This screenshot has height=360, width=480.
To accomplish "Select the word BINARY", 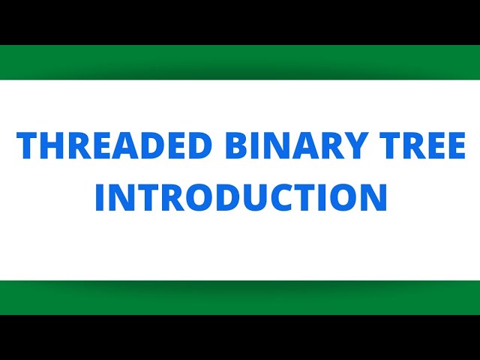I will [x=287, y=145].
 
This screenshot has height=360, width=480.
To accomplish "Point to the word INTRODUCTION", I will [x=241, y=197].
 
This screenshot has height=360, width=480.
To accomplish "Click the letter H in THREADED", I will [x=50, y=145].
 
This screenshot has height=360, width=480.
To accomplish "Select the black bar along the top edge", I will [x=240, y=22].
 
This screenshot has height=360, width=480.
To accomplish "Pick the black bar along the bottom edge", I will [x=240, y=337].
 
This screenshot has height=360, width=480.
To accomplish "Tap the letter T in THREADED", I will [x=27, y=145].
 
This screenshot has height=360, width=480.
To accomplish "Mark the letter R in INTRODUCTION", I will [x=165, y=197].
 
